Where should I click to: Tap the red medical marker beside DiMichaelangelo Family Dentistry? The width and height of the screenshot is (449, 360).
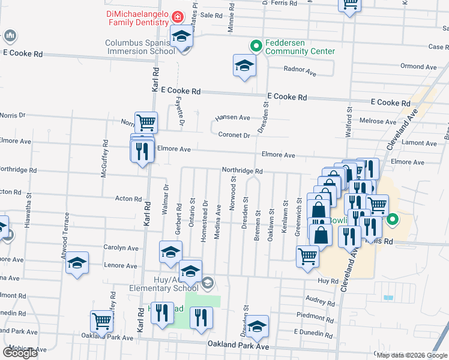(177, 16)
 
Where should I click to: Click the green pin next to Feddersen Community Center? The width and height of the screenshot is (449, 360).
(255, 45)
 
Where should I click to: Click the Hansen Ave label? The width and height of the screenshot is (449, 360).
(234, 118)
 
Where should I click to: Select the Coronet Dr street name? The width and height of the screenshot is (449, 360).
(234, 135)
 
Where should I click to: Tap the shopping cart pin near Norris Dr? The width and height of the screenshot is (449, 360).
(146, 123)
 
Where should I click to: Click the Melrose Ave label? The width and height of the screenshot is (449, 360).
(378, 121)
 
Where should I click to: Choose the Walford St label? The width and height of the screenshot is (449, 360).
(348, 118)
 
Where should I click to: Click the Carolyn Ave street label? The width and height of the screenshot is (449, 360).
(121, 247)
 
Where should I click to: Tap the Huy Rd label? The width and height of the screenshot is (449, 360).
(328, 280)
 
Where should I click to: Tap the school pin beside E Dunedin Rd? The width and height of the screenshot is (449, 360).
(258, 326)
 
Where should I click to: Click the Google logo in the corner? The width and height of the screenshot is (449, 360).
(19, 353)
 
